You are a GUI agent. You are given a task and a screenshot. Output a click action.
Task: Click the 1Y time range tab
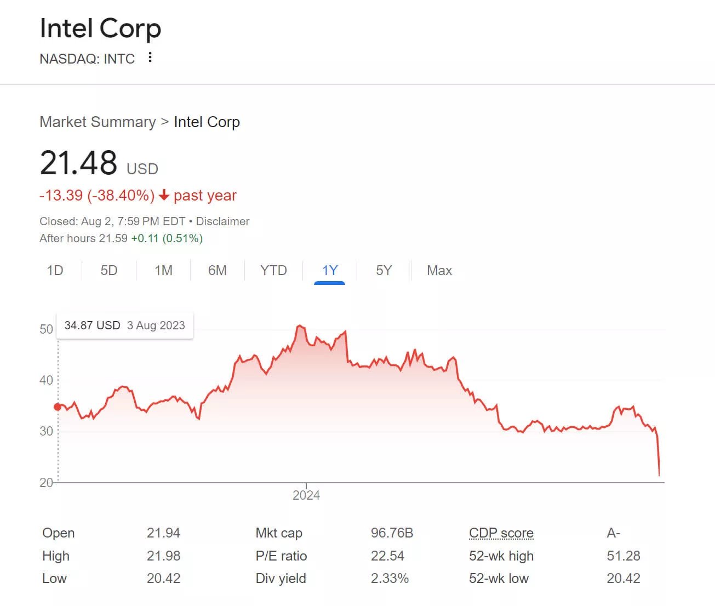coord(330,271)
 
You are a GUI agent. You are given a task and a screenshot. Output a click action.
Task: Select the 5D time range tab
coord(109,271)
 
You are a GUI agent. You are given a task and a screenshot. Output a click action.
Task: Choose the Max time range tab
coord(439,271)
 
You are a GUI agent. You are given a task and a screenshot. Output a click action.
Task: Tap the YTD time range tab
coord(273,271)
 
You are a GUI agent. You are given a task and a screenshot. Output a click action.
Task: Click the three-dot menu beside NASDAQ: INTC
coord(150,58)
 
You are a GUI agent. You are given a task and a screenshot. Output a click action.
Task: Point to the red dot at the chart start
coord(58,407)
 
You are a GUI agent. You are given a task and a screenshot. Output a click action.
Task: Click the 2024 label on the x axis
coord(306,495)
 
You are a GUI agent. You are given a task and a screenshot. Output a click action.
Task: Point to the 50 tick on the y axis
coord(46,329)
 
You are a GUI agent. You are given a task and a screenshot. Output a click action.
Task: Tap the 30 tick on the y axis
coord(46,431)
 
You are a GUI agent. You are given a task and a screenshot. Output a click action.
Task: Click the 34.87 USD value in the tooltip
coord(92,325)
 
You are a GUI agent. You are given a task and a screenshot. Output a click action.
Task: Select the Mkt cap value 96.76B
coord(392,533)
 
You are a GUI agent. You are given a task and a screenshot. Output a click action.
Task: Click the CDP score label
coord(501,533)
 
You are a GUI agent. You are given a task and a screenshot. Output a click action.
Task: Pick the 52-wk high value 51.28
coord(624,556)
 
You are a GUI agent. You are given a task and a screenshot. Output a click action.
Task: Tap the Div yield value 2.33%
coord(390,579)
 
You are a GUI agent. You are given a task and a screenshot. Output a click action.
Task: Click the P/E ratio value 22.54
coord(387,556)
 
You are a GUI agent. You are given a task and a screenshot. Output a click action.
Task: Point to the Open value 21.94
coord(163,533)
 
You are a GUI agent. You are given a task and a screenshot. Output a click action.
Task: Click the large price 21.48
coord(79,163)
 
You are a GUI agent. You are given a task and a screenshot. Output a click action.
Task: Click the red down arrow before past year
coord(164,196)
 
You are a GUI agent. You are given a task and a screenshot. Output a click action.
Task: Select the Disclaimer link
coord(222,221)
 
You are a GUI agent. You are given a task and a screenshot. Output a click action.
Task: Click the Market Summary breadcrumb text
coord(98,122)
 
